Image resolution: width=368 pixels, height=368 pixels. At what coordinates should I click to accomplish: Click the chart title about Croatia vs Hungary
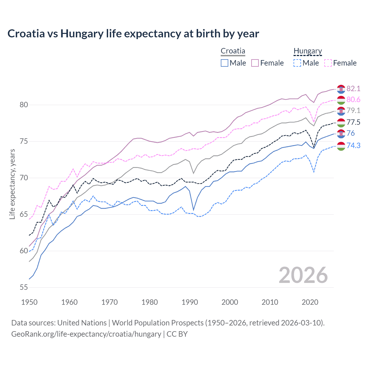click(x=133, y=34)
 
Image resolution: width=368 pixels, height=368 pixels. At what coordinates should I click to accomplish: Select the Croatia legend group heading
click(x=233, y=51)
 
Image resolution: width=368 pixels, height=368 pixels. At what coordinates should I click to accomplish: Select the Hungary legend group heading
click(x=308, y=51)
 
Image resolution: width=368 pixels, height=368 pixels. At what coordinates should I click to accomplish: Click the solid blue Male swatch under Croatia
click(x=225, y=63)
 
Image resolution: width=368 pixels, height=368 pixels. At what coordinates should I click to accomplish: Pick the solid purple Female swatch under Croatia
click(x=255, y=63)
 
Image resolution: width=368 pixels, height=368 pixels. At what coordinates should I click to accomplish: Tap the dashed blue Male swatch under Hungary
click(x=297, y=63)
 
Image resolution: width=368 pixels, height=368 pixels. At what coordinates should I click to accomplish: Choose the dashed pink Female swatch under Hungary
click(x=328, y=63)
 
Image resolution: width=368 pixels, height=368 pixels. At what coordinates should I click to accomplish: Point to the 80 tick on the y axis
click(x=24, y=105)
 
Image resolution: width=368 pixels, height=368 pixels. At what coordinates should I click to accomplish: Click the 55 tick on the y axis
click(x=24, y=287)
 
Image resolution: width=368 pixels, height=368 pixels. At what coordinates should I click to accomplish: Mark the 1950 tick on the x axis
click(x=29, y=302)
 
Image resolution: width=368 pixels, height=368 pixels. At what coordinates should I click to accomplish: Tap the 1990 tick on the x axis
click(x=190, y=302)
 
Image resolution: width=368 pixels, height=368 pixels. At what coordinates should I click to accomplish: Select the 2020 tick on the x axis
click(x=310, y=302)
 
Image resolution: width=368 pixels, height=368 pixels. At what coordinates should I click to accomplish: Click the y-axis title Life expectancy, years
click(x=12, y=184)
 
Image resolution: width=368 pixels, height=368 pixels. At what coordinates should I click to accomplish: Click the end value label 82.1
click(x=353, y=89)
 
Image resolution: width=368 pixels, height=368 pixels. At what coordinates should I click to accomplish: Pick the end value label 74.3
click(x=353, y=146)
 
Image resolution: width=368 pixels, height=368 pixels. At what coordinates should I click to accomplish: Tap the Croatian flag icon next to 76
click(x=341, y=133)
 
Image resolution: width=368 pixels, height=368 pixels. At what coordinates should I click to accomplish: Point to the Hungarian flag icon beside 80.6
click(x=341, y=100)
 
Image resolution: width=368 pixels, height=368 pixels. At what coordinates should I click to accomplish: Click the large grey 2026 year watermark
click(x=303, y=275)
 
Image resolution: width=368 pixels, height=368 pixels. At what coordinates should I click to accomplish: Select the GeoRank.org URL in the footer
click(x=86, y=334)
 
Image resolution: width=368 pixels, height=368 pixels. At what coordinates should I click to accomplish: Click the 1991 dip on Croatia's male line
click(x=193, y=210)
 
